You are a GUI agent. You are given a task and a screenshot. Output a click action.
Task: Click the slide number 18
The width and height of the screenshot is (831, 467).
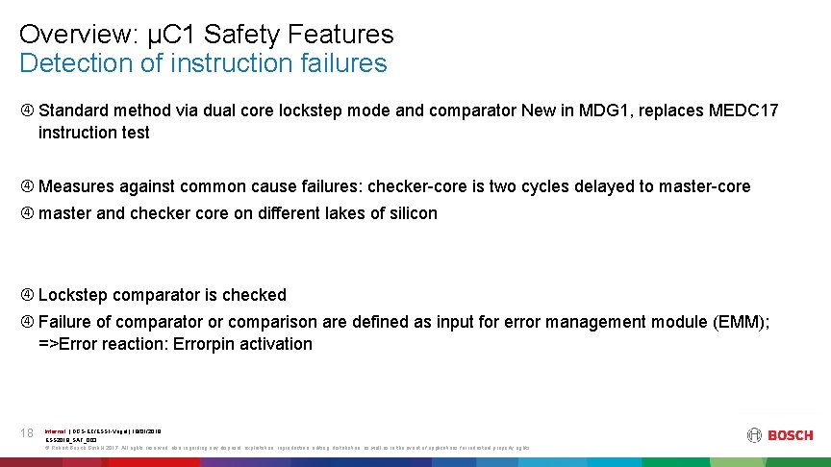click(27, 433)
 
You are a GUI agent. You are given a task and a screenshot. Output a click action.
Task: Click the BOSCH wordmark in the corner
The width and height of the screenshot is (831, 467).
click(790, 435)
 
